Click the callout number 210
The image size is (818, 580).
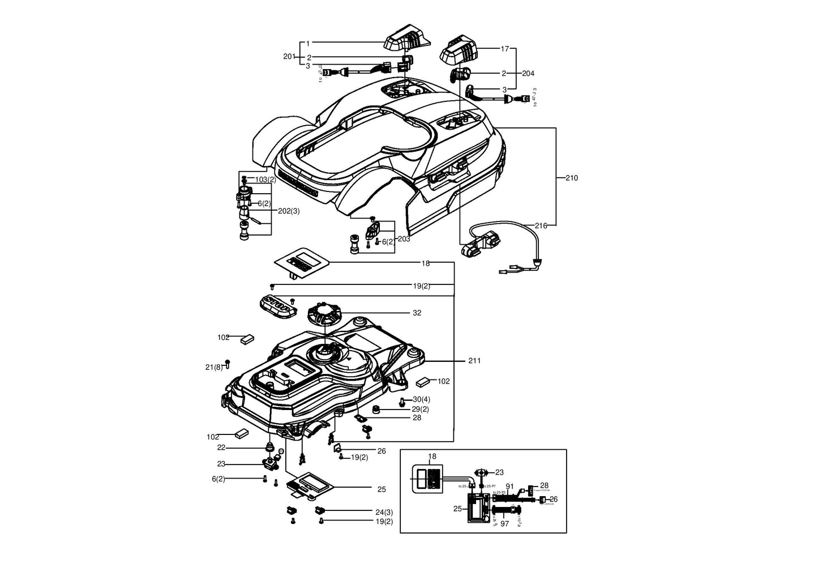click(x=572, y=178)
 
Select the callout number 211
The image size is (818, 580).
click(x=474, y=361)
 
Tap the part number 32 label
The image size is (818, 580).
click(x=417, y=313)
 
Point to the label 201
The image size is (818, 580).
click(x=289, y=57)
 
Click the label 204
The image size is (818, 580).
click(x=528, y=74)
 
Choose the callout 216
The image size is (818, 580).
click(x=541, y=225)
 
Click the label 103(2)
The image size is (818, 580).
click(x=265, y=180)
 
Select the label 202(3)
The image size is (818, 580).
click(x=289, y=211)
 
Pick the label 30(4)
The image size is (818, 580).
click(x=421, y=399)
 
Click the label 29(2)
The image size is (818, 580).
click(x=420, y=409)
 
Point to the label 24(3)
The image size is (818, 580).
click(x=384, y=511)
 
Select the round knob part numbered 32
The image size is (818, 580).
click(x=326, y=314)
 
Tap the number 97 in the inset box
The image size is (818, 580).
click(x=504, y=524)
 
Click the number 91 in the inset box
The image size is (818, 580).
click(x=509, y=487)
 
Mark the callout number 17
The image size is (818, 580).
click(x=505, y=49)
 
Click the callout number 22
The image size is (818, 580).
click(x=221, y=447)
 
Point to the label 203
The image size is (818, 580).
click(x=404, y=239)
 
